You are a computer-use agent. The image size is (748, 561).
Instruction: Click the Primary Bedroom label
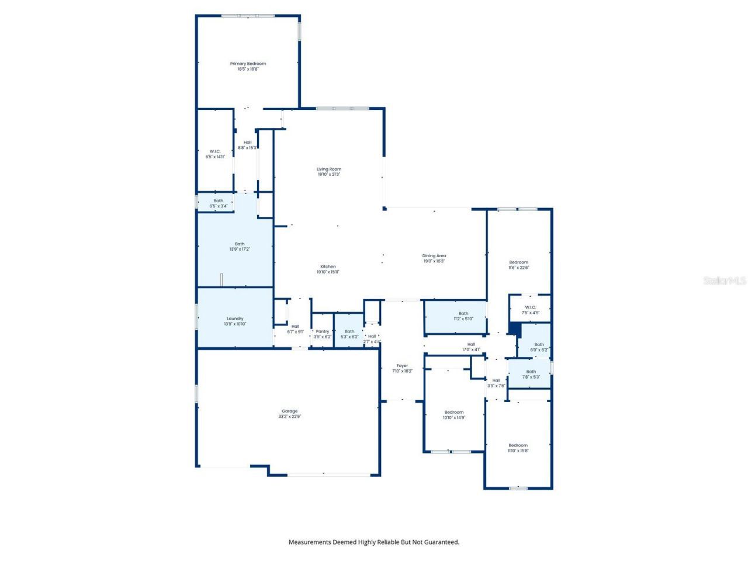248,64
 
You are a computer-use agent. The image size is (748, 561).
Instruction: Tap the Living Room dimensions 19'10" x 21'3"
329,174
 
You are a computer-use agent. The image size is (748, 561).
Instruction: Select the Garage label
290,411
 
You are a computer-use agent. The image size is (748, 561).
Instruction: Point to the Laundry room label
235,318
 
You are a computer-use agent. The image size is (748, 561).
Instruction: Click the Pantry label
323,331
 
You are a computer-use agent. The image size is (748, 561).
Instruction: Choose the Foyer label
402,366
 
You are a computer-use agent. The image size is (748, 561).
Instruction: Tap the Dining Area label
434,255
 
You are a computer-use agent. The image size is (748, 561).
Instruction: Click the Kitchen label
328,266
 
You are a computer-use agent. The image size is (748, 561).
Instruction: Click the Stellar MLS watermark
725,281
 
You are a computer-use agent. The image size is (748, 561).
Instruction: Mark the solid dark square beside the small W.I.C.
514,329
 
